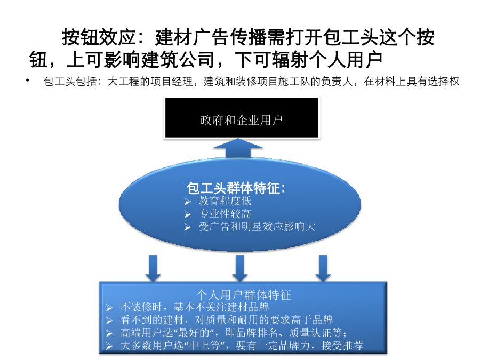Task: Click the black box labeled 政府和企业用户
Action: point(242,118)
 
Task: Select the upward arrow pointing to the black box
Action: point(238,148)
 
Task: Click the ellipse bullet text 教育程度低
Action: point(225,201)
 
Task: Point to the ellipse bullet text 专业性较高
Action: point(225,214)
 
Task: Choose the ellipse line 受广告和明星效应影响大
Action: point(257,227)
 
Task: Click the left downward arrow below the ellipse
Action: point(153,268)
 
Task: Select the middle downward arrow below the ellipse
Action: point(239,268)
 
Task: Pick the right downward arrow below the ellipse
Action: point(323,268)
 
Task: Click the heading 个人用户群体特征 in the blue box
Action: point(243,295)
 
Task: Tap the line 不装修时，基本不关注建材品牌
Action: point(195,307)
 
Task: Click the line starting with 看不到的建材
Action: point(227,320)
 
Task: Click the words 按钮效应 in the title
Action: point(99,37)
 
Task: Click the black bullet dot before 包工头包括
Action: point(28,80)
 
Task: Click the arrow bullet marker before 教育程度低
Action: point(187,202)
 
